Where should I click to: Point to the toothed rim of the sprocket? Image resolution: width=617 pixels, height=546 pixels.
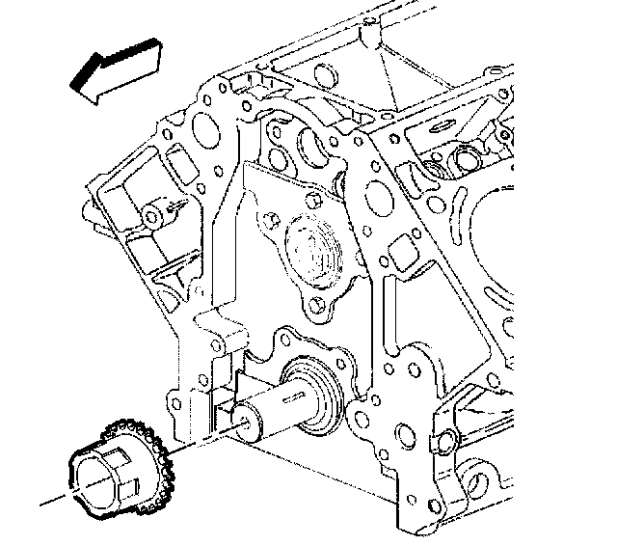pos(145,453)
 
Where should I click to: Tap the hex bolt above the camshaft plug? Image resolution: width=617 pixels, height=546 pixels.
pos(314,200)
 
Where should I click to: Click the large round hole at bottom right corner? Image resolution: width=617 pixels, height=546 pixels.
pos(482,482)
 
